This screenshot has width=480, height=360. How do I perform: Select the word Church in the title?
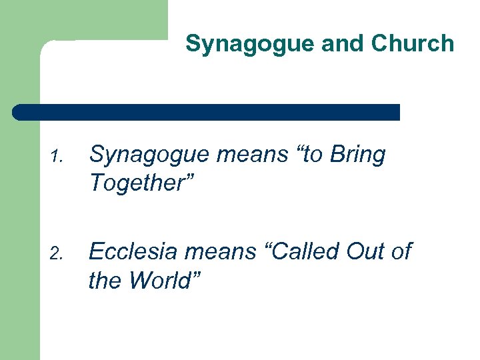(412, 45)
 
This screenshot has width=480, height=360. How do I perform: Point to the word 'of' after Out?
(402, 251)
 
